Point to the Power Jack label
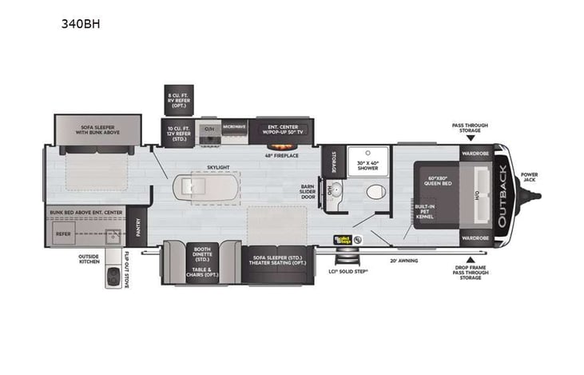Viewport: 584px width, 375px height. [x=530, y=177]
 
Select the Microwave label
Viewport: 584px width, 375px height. [x=234, y=127]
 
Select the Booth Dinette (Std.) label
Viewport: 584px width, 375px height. [x=203, y=253]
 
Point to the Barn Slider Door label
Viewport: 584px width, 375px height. [x=308, y=193]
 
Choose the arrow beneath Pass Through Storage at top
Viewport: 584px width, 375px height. [x=470, y=138]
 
